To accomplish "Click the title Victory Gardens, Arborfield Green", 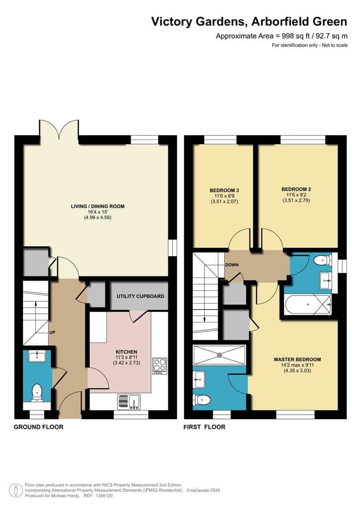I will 249,21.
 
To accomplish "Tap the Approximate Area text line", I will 281,36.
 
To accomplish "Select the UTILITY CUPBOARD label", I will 140,296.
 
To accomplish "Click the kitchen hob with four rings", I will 159,366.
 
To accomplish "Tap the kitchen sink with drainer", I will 128,402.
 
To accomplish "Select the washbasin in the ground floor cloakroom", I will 37,357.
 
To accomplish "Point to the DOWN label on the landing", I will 232,265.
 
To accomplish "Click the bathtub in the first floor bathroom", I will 307,304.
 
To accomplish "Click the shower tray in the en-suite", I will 219,354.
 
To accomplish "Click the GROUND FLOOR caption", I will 38,427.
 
